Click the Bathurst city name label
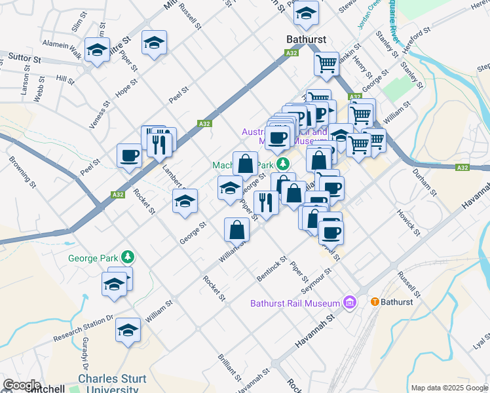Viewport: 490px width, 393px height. (307, 39)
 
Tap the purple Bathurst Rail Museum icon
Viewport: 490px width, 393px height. (350, 303)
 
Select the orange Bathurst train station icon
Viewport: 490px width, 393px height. (375, 302)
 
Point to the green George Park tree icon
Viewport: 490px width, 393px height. (130, 256)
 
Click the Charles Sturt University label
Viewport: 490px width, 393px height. (107, 384)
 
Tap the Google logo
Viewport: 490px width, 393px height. (22, 385)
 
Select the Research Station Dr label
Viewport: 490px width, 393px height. (84, 328)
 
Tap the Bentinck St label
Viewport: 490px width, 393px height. (268, 271)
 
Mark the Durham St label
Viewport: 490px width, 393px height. (424, 181)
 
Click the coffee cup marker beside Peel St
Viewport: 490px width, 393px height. (129, 156)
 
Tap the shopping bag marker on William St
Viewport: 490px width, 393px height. (236, 229)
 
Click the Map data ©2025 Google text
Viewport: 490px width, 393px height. (449, 388)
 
